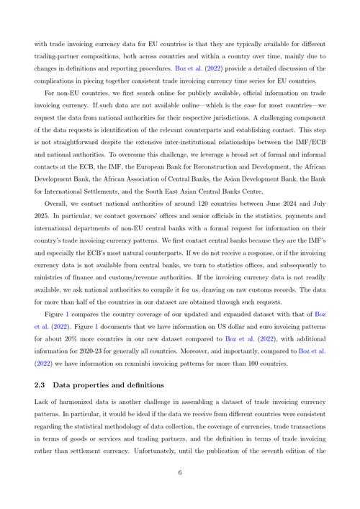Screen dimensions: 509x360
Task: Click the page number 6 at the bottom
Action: (x=180, y=473)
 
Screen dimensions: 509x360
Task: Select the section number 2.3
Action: (x=40, y=385)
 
